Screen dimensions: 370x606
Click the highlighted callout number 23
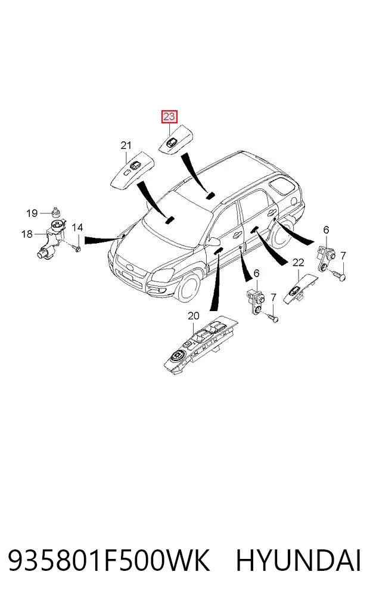[x=169, y=116]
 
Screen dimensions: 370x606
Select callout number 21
[x=126, y=145]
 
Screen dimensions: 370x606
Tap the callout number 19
[x=32, y=213]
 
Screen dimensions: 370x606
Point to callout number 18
[x=27, y=234]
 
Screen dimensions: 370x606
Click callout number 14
[x=77, y=227]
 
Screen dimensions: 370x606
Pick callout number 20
[x=194, y=316]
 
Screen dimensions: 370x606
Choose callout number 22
[x=298, y=263]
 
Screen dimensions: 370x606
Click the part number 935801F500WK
[x=108, y=561]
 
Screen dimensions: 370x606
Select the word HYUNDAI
[x=299, y=561]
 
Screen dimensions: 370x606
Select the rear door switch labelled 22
[x=300, y=290]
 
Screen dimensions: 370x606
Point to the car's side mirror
[x=213, y=243]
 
